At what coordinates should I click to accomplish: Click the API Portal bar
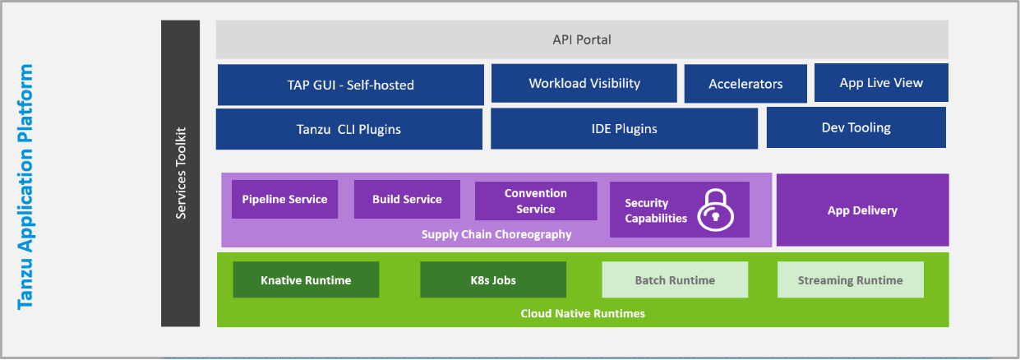(582, 39)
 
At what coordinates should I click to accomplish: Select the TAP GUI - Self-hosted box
(350, 85)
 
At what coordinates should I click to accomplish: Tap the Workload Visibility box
(584, 83)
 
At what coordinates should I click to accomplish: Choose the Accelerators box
(745, 84)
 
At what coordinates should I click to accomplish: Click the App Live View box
(881, 83)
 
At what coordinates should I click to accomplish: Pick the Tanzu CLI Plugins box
(348, 129)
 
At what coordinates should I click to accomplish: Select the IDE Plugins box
(625, 128)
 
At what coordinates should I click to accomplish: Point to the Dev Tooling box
(856, 127)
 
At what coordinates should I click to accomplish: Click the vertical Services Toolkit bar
(181, 173)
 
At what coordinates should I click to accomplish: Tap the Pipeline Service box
(284, 199)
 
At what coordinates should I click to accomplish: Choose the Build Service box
(407, 199)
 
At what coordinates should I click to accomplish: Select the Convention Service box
(535, 201)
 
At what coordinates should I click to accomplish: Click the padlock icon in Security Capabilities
(715, 210)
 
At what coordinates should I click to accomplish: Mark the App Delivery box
(862, 210)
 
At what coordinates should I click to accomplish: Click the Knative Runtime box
(306, 280)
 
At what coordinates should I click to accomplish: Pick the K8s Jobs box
(493, 280)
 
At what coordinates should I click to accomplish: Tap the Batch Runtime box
(675, 280)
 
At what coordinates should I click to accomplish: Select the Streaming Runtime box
(850, 280)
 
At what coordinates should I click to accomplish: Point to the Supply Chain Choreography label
(496, 235)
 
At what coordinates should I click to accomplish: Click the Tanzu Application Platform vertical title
(25, 187)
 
